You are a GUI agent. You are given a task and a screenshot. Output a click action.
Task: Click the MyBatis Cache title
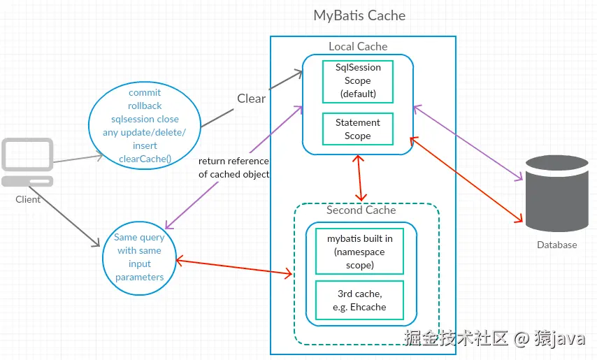click(x=359, y=15)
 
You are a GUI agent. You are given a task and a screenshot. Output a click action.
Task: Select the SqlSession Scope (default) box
click(x=357, y=81)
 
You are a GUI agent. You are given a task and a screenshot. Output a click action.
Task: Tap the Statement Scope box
click(x=357, y=129)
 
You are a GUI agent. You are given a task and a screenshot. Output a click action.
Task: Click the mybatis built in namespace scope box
click(x=359, y=252)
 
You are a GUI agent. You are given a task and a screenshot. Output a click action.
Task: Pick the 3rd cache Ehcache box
click(x=359, y=300)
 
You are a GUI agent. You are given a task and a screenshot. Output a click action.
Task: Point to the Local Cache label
click(x=358, y=46)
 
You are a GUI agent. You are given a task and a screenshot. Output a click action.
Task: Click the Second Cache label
click(x=361, y=210)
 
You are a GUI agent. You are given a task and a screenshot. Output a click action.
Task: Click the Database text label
click(x=556, y=245)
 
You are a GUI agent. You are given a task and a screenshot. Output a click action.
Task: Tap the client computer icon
click(x=27, y=162)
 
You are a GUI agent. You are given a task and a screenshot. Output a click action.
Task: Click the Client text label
click(x=28, y=199)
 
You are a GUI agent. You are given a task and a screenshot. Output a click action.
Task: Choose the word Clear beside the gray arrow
click(x=251, y=99)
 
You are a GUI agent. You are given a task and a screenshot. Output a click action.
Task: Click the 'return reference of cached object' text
click(x=233, y=168)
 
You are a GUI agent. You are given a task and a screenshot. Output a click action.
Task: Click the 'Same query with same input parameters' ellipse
click(x=139, y=257)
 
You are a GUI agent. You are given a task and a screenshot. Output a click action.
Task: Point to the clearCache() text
click(x=145, y=159)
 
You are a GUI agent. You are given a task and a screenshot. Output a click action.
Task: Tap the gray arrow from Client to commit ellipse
click(x=77, y=159)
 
